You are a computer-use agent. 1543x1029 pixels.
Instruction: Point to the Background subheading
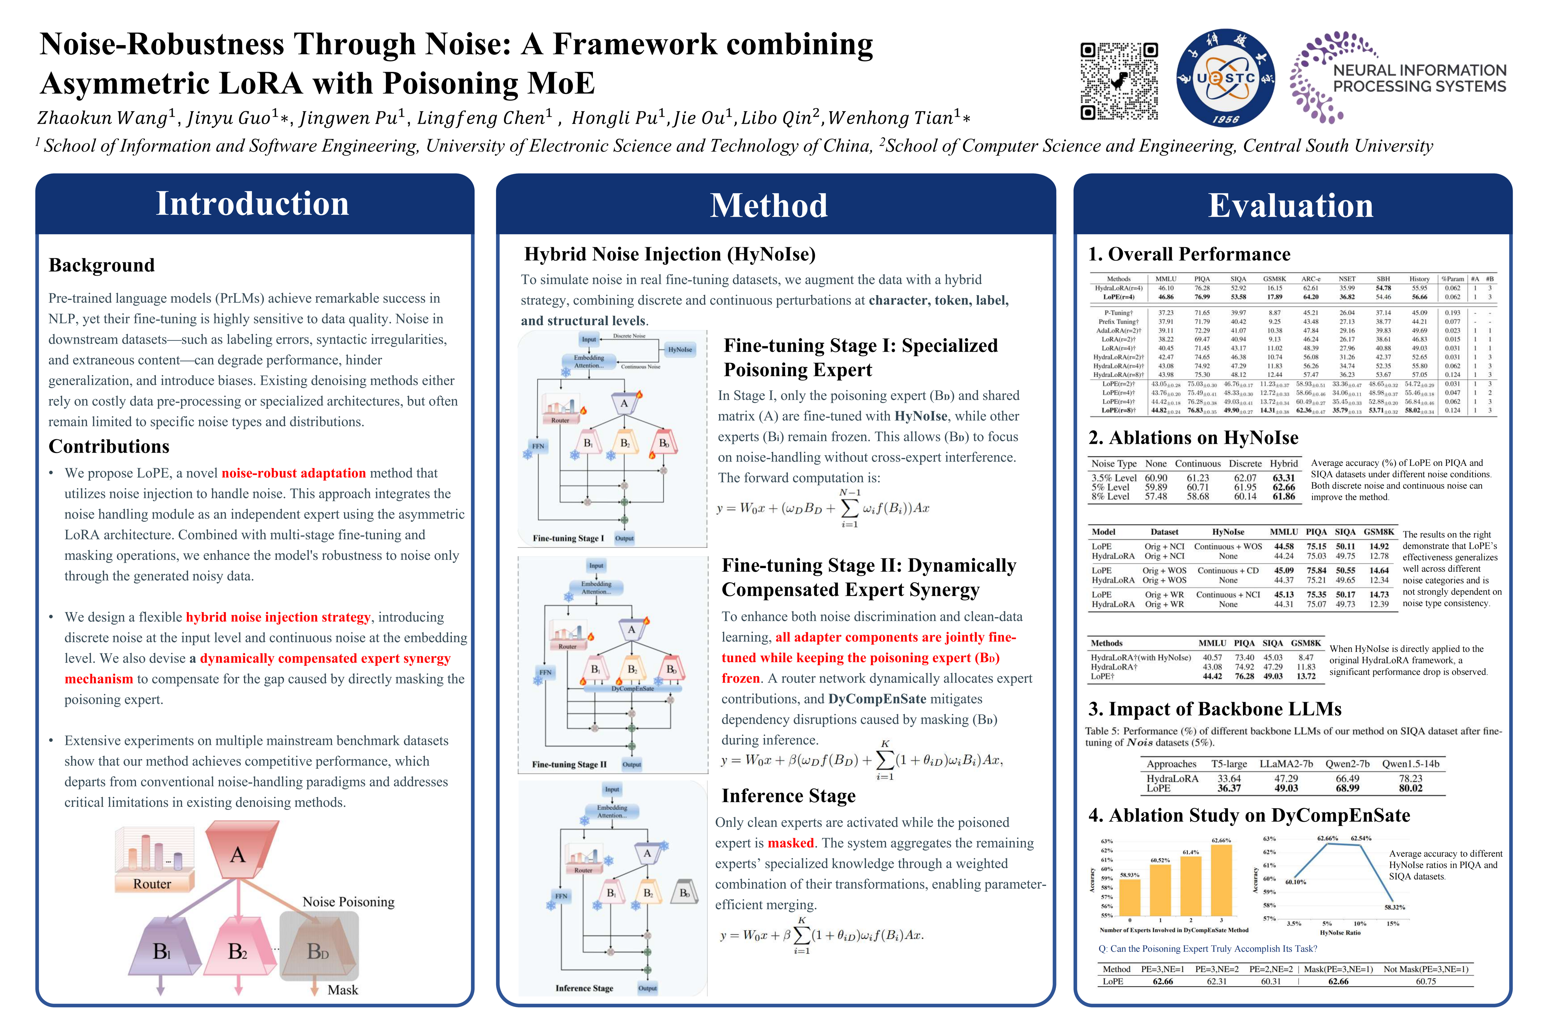(x=102, y=265)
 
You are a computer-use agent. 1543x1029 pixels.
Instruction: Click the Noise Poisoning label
(x=348, y=902)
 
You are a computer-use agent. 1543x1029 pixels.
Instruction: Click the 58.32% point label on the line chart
(x=1395, y=907)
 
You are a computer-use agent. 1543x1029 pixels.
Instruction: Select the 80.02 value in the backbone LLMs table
(x=1410, y=788)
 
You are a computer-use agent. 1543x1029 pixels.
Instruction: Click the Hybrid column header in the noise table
(x=1284, y=463)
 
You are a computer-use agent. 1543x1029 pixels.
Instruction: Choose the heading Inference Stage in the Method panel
(x=789, y=796)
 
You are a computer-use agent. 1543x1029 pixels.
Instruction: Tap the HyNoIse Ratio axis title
(x=1340, y=933)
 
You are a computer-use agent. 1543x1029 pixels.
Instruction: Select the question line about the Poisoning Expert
(x=1207, y=949)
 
